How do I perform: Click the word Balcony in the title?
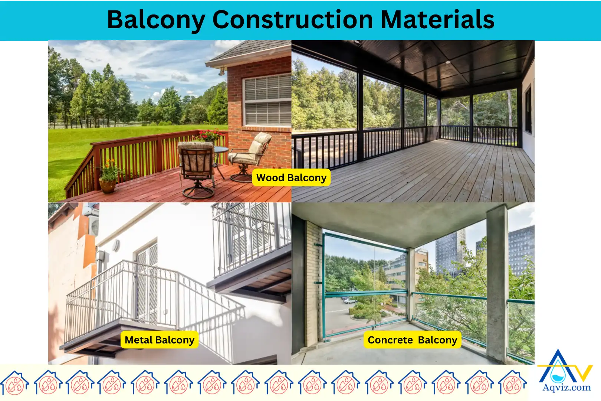tap(155, 20)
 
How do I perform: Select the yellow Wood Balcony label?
tap(291, 178)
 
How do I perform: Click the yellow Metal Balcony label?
tap(160, 340)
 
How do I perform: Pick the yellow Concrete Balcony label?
tap(412, 340)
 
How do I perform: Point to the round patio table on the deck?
tap(220, 150)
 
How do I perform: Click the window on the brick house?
tap(267, 101)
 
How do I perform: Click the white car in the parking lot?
tap(349, 301)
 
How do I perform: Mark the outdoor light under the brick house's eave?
tap(222, 71)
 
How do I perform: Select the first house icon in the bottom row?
tap(15, 382)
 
